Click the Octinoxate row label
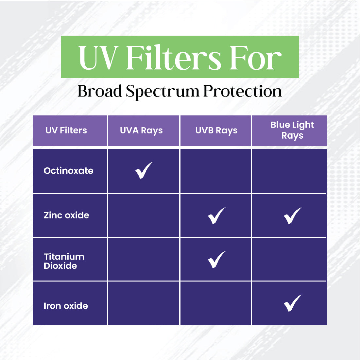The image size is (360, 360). click(68, 171)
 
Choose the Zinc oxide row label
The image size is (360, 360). click(66, 215)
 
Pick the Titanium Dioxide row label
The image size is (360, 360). click(64, 261)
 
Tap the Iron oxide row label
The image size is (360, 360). click(66, 306)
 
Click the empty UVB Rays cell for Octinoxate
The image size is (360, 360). click(215, 171)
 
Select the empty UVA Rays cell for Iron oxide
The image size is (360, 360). click(144, 303)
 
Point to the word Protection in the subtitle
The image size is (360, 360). click(243, 91)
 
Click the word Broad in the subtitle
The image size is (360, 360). click(100, 91)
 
